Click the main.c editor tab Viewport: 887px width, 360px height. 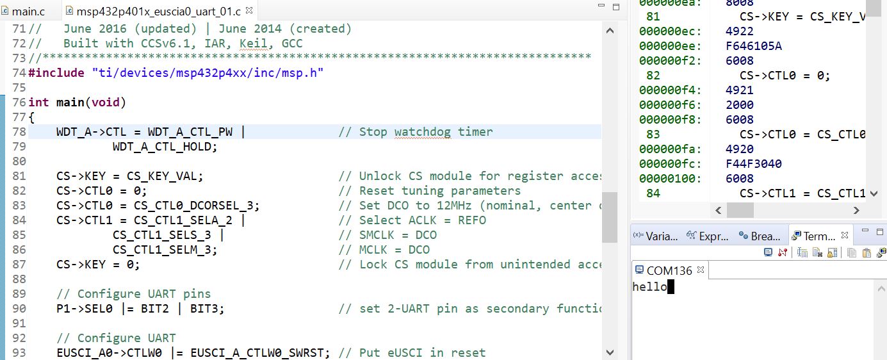pyautogui.click(x=28, y=11)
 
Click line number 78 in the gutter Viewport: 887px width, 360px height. pyautogui.click(x=19, y=132)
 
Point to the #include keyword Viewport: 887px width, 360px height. pyautogui.click(x=56, y=73)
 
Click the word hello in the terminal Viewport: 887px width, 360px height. pyautogui.click(x=649, y=287)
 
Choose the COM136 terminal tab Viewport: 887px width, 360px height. pyautogui.click(x=669, y=271)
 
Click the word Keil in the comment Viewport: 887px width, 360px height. pyautogui.click(x=254, y=44)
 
